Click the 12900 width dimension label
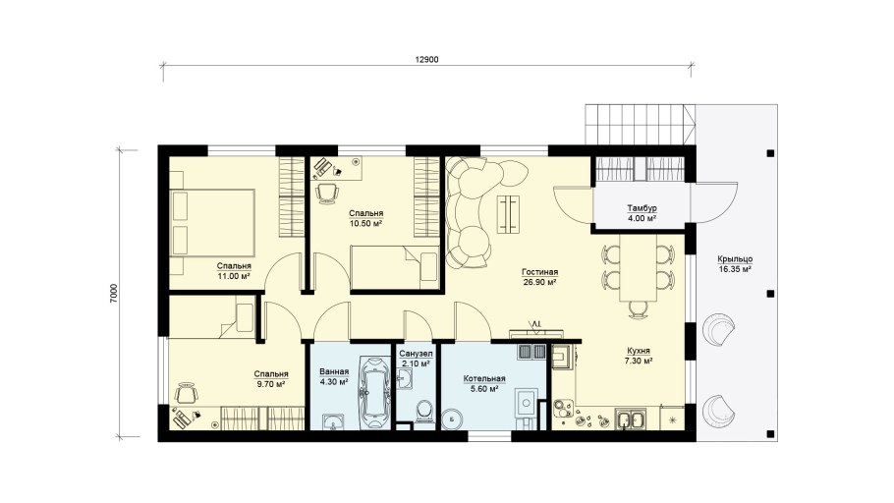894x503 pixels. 426,59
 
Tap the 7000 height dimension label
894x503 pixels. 113,294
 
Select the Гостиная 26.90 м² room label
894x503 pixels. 539,277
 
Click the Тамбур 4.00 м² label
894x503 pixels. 642,213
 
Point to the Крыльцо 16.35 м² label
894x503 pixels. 735,264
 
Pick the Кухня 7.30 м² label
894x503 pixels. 639,356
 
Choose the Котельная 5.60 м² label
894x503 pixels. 484,384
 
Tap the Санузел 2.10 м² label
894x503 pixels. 416,359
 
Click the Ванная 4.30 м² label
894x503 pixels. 334,377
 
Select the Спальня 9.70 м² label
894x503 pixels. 271,379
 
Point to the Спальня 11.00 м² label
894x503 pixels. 234,271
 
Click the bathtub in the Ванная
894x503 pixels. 374,393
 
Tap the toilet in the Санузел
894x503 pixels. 423,412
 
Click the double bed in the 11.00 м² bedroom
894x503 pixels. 212,222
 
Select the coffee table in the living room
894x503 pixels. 509,214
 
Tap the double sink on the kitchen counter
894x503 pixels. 630,419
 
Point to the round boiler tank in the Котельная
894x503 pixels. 453,419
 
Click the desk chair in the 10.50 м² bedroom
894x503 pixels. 326,193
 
